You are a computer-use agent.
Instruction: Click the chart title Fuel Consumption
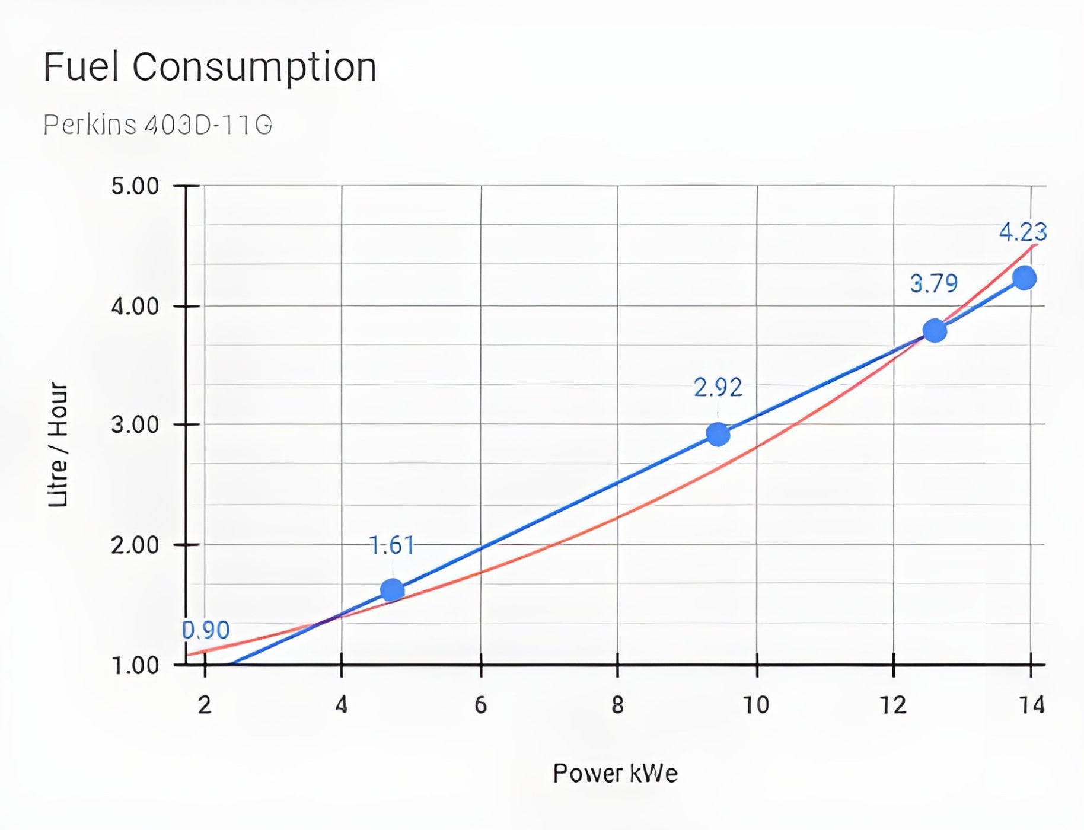click(210, 66)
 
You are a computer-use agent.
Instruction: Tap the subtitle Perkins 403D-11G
click(158, 124)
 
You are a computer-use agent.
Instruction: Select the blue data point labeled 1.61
click(392, 590)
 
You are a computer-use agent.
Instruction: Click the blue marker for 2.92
click(718, 435)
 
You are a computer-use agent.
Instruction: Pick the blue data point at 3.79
click(935, 330)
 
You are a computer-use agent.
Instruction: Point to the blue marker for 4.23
click(1024, 278)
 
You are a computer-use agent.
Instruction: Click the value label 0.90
click(206, 630)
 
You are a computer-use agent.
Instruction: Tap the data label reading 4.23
click(1023, 232)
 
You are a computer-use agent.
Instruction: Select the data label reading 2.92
click(718, 388)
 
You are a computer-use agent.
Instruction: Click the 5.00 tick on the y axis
click(135, 186)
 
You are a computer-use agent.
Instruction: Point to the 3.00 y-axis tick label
click(135, 425)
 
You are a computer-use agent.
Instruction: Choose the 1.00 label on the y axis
click(135, 666)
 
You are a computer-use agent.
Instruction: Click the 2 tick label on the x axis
click(205, 705)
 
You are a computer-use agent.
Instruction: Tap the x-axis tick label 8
click(617, 705)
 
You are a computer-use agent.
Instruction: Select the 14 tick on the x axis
click(1031, 705)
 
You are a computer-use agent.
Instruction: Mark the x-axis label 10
click(756, 705)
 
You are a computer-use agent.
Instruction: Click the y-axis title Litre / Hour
click(58, 445)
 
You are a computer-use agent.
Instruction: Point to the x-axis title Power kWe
click(615, 774)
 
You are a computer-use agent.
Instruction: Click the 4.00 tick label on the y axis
click(135, 307)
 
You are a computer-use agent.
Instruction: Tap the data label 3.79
click(934, 284)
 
